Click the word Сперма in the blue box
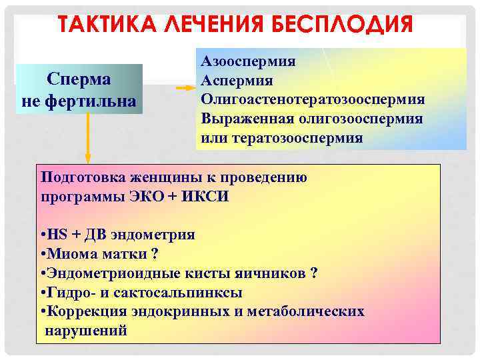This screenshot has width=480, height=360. [x=79, y=78]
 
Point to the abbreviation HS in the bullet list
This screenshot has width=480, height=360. [x=54, y=235]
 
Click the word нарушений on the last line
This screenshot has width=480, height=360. [x=85, y=331]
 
